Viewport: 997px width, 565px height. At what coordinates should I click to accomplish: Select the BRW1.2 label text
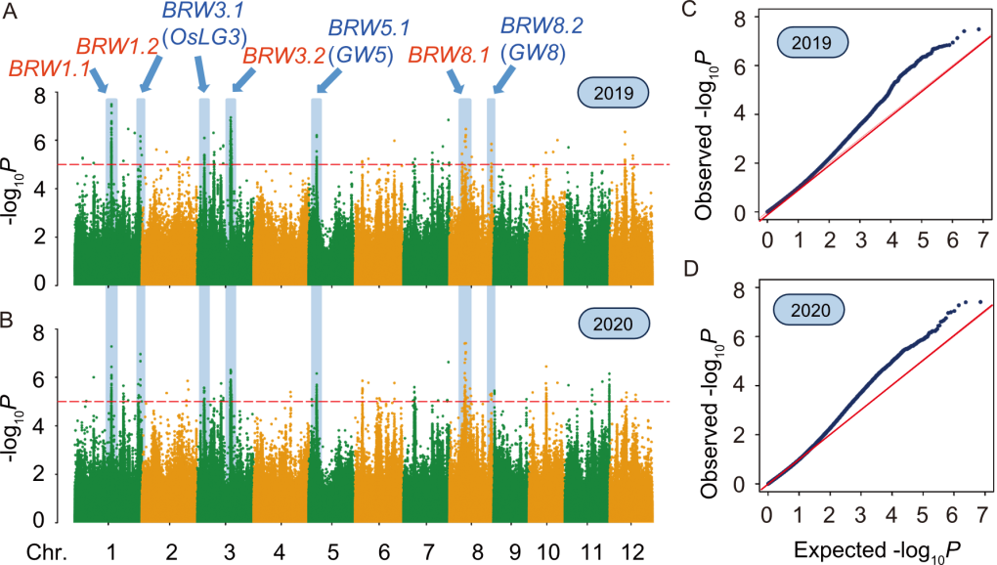(117, 46)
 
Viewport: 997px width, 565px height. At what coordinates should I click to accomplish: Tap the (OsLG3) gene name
(204, 37)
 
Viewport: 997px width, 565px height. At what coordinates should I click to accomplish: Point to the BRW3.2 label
(284, 56)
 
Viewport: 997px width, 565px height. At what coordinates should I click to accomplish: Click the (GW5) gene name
(361, 56)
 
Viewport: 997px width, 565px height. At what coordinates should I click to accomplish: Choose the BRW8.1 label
(449, 56)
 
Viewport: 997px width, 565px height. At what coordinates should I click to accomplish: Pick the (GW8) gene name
(533, 53)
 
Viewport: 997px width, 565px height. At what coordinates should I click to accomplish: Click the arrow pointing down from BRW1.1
(99, 80)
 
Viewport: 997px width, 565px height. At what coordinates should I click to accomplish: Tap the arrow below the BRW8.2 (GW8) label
(503, 80)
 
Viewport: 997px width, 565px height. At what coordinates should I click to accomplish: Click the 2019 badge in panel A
(613, 93)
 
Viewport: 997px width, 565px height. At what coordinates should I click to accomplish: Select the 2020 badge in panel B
(613, 324)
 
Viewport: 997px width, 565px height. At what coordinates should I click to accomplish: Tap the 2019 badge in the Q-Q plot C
(812, 43)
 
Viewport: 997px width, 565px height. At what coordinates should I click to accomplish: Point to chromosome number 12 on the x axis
(630, 551)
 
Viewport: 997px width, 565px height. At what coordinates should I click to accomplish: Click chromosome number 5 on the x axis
(332, 551)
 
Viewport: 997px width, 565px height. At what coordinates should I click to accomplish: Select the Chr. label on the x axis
(46, 551)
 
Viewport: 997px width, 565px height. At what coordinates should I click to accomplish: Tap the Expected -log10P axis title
(877, 550)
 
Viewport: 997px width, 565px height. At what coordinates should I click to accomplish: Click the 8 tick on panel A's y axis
(40, 97)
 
